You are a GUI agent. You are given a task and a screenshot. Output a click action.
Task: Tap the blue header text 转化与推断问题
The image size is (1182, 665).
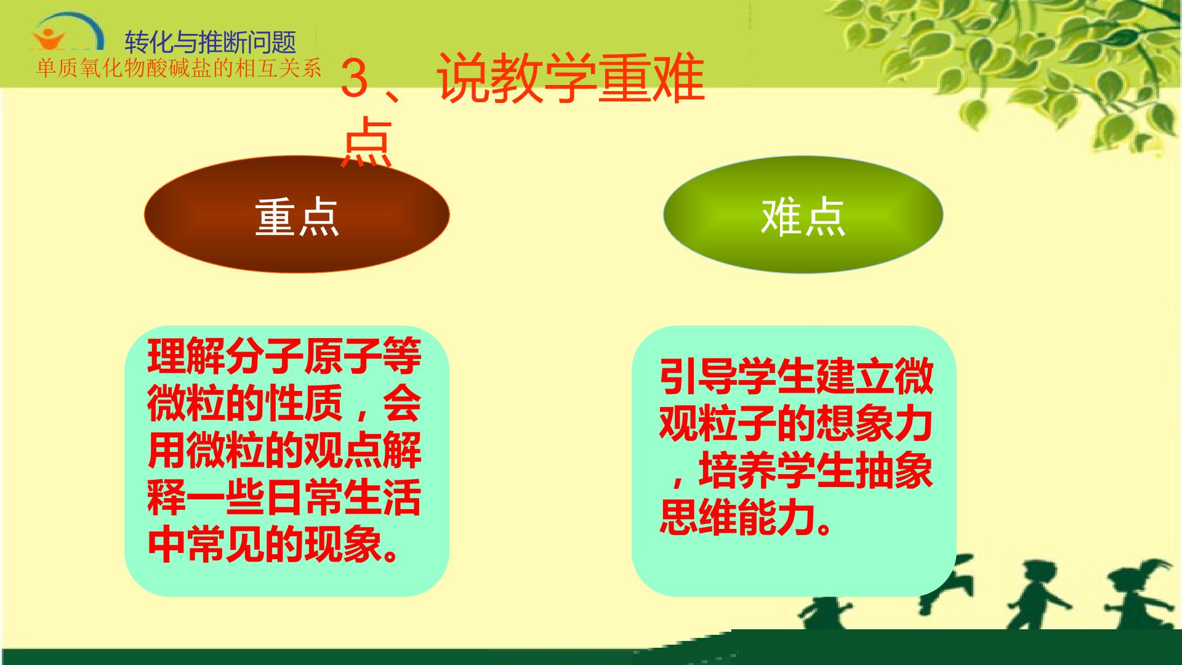tap(211, 42)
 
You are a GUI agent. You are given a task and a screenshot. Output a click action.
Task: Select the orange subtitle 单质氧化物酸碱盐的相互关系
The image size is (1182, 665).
tap(179, 68)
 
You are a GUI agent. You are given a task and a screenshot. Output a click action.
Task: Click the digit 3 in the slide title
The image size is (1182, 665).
tap(354, 78)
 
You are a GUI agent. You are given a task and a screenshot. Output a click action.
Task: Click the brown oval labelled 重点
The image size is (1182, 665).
tap(297, 214)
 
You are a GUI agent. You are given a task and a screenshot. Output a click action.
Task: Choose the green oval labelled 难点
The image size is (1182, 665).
tap(803, 214)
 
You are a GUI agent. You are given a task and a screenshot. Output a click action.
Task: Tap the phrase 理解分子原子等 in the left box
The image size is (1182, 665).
tap(284, 356)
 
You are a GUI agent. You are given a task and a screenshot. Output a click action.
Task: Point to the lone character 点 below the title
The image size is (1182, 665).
tap(367, 142)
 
